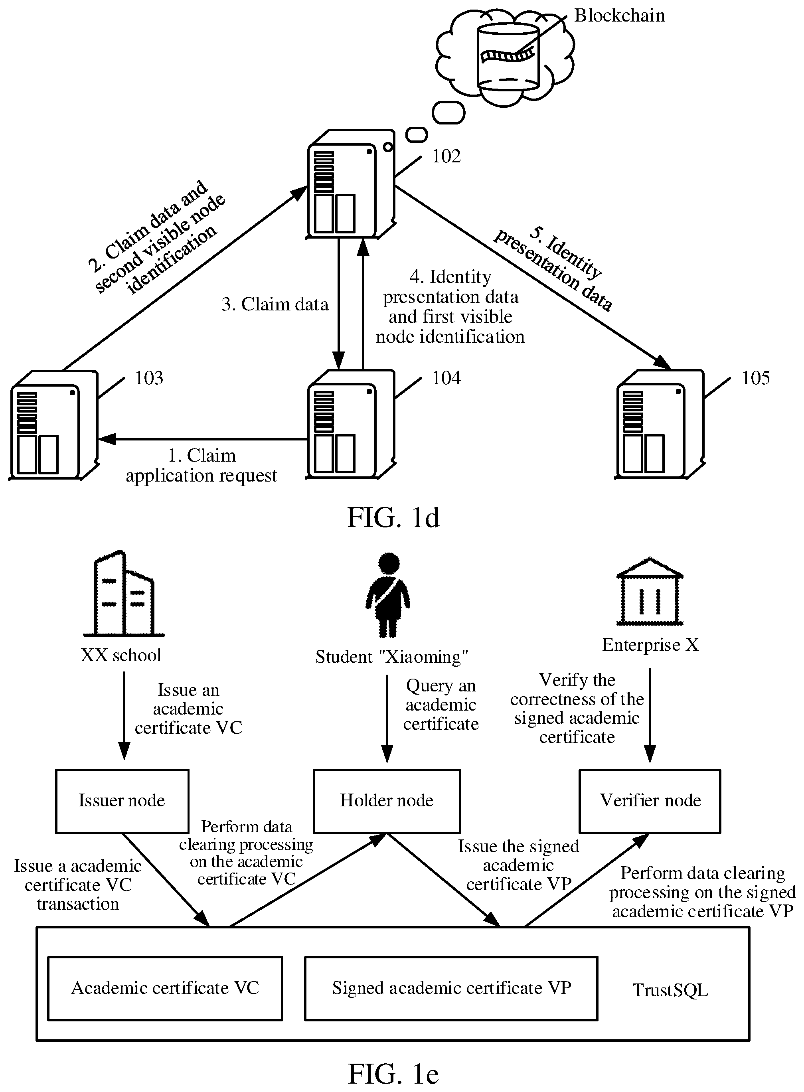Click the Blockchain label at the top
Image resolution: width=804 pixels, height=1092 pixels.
tap(619, 16)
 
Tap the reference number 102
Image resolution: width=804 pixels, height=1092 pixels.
tap(446, 156)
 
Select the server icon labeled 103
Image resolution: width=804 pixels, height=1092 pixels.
tap(54, 425)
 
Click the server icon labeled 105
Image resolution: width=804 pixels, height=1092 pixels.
tap(660, 425)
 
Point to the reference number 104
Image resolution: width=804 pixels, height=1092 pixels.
tap(446, 378)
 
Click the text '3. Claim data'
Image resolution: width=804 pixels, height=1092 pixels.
tap(275, 305)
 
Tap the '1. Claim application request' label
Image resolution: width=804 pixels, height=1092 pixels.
tap(201, 466)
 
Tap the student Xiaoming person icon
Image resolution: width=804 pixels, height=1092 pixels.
tap(388, 594)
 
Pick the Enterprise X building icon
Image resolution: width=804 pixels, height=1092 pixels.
tap(650, 591)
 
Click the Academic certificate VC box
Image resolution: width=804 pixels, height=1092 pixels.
tap(165, 988)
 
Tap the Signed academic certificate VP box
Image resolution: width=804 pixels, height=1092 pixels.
tap(451, 988)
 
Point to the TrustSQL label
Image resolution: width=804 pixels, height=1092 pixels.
tap(670, 990)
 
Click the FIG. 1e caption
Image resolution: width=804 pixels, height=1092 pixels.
tap(393, 1074)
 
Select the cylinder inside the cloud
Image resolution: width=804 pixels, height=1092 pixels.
tap(508, 56)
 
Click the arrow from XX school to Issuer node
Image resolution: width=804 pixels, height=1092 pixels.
tap(124, 715)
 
